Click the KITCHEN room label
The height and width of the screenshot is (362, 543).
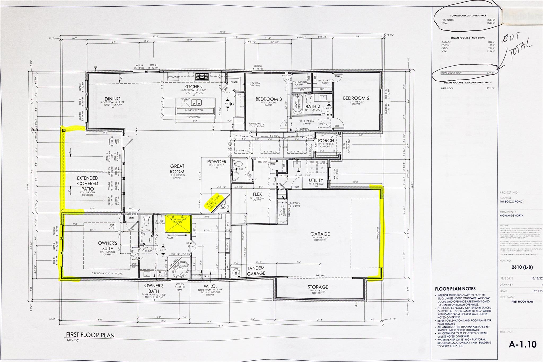[x=194, y=87]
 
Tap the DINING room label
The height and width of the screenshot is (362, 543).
[x=112, y=99]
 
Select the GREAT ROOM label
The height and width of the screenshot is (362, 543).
[x=177, y=169]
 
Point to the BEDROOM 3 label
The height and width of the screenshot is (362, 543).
[x=268, y=99]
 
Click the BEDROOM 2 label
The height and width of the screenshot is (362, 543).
[x=356, y=98]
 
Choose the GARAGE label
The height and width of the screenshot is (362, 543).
[x=320, y=234]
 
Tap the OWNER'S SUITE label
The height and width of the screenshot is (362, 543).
[x=107, y=246]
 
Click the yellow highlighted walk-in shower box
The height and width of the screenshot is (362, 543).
[x=178, y=224]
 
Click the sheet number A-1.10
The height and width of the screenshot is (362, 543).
[x=523, y=344]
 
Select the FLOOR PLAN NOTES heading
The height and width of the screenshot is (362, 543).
[x=455, y=289]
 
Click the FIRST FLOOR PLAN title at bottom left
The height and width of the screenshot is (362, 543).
[x=90, y=335]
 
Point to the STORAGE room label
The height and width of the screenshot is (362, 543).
[x=318, y=287]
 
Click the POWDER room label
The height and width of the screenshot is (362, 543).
[x=217, y=162]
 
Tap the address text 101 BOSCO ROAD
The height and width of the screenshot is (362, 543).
[x=511, y=202]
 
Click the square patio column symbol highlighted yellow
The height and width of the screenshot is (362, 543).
[x=64, y=130]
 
